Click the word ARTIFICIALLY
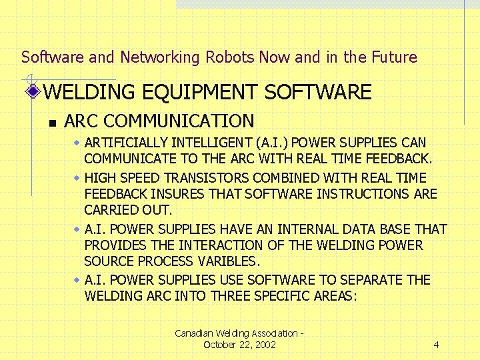[x=127, y=143]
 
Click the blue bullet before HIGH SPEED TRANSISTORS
[x=77, y=177]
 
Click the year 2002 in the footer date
[x=263, y=345]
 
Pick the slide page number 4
[x=436, y=345]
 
